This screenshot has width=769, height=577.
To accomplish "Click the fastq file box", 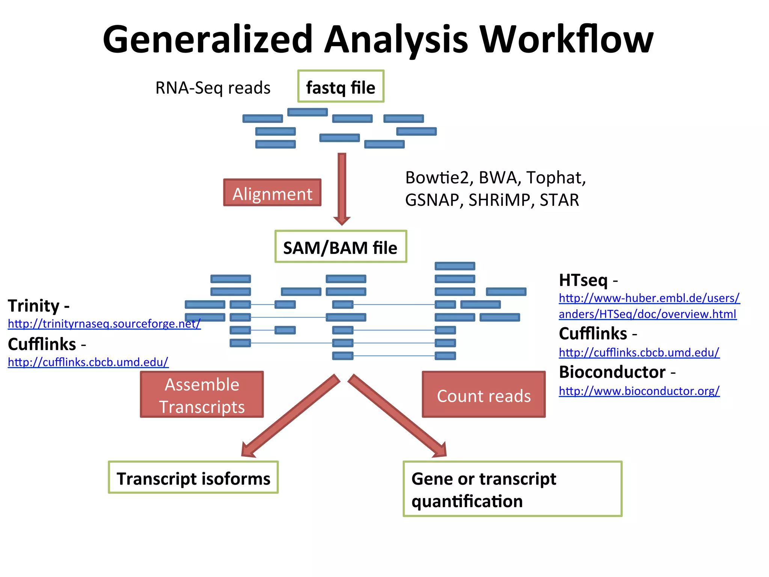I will click(341, 86).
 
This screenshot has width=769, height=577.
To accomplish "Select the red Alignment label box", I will click(272, 193).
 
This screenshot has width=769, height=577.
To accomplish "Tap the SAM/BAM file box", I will click(341, 247).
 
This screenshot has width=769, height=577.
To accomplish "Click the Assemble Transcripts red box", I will click(202, 394).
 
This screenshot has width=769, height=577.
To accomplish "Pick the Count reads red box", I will click(484, 395).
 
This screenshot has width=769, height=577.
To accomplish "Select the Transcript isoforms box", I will click(193, 477).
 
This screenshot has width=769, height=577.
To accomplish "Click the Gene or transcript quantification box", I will click(512, 489).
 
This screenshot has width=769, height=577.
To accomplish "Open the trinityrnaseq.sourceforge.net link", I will click(104, 323).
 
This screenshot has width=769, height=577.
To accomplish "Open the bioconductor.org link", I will click(639, 391).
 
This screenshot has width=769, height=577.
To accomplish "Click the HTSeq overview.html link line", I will click(647, 314).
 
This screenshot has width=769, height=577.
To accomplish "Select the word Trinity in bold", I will click(34, 305).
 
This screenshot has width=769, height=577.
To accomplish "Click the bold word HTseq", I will click(583, 280).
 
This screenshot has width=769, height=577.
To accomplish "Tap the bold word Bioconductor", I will click(612, 372).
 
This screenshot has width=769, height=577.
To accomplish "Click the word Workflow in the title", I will click(567, 39).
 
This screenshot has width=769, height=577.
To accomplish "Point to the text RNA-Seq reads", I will click(213, 88).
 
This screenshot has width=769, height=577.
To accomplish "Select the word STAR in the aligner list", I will click(559, 200).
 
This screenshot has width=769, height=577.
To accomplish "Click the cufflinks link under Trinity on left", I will click(88, 362).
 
